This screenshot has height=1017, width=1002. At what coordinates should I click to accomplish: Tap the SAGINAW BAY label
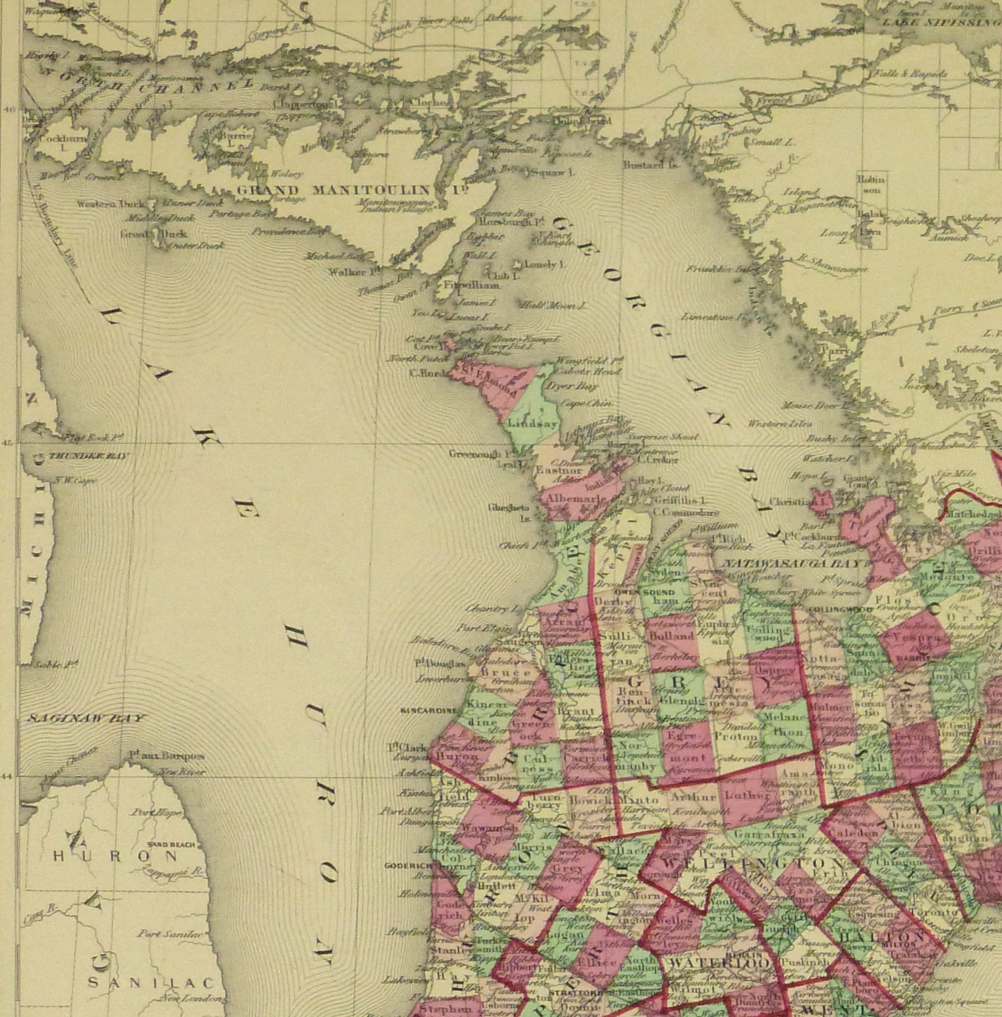click(86, 718)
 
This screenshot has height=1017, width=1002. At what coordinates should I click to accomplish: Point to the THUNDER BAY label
click(89, 456)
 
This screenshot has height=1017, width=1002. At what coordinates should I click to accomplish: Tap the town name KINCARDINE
click(429, 710)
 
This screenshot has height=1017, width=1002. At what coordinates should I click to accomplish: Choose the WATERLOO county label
click(718, 962)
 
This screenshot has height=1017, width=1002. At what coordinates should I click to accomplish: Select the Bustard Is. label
click(650, 164)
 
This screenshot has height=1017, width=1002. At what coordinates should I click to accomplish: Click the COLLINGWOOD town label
click(833, 608)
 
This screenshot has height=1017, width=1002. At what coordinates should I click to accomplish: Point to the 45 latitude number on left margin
click(8, 443)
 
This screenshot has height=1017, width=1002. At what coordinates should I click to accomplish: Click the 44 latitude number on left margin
click(8, 776)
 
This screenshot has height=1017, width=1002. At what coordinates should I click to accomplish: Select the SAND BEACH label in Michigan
click(171, 845)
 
